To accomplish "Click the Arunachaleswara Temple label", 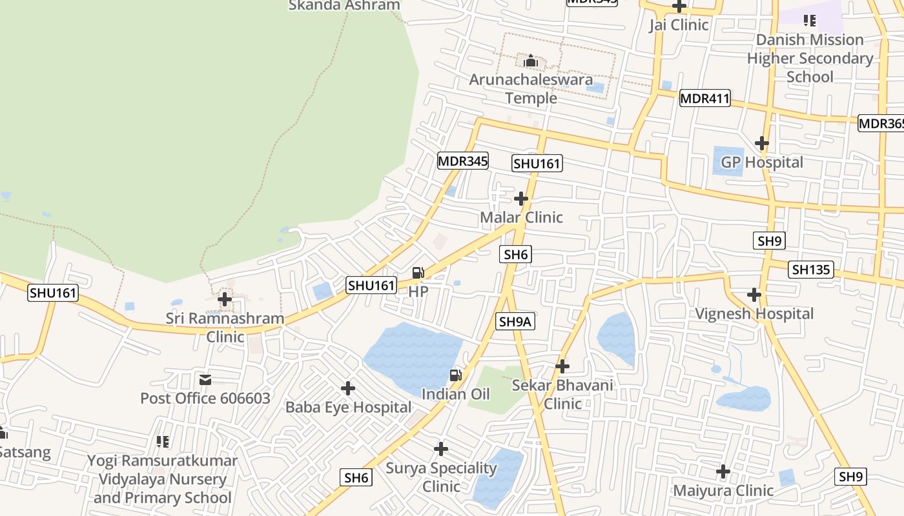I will tap(531, 89).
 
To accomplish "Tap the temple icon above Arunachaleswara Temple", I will tap(531, 61).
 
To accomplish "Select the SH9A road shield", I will tap(516, 321).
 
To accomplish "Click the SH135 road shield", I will tap(811, 270).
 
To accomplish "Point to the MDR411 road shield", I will tap(704, 99).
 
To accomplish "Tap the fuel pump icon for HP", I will tap(418, 273).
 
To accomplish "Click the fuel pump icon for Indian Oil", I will tap(456, 375).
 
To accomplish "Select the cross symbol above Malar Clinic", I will tap(521, 199).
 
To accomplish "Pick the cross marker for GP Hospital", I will tap(762, 143).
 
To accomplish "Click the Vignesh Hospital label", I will tap(754, 314).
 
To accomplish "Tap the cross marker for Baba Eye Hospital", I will tap(348, 388).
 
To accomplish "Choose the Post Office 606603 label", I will tap(205, 398).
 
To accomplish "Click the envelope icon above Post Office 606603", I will tap(205, 380).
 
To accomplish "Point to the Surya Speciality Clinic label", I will tap(441, 477).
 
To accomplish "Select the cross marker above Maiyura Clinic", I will tap(723, 472).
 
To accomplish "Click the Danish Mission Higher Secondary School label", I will tap(810, 58).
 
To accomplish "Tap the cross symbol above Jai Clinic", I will tap(679, 6).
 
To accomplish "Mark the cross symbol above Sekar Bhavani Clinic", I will tap(562, 366).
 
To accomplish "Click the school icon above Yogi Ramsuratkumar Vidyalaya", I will tap(163, 442).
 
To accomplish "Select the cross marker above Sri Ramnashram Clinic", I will tap(225, 299).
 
